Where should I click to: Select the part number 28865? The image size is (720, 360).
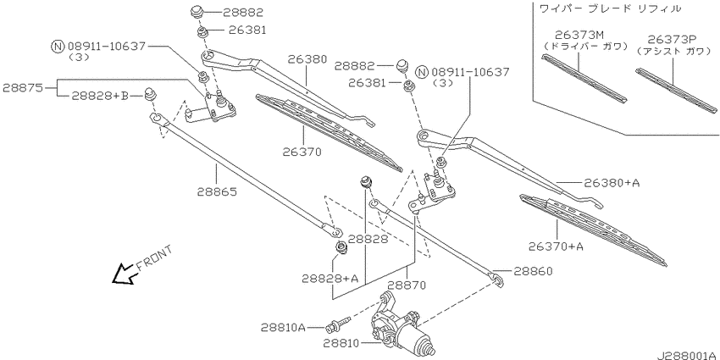point(217,191)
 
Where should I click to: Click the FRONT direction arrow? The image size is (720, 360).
point(124,274)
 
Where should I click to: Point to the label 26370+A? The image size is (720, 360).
point(556,246)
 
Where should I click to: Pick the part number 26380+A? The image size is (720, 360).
point(612,183)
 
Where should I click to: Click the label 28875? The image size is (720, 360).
point(23,87)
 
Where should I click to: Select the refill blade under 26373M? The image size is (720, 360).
point(584,79)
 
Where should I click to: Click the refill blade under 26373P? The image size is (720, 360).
point(676,91)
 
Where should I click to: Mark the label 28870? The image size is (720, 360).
point(407,285)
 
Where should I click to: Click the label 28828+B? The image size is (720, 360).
point(100,96)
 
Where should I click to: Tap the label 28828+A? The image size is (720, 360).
point(330,279)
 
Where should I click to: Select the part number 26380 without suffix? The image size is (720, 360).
point(307,58)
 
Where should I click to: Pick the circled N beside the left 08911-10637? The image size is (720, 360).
point(58,47)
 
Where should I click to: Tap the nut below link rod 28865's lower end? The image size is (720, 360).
point(341,248)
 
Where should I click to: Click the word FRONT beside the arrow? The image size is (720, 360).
point(154,258)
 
